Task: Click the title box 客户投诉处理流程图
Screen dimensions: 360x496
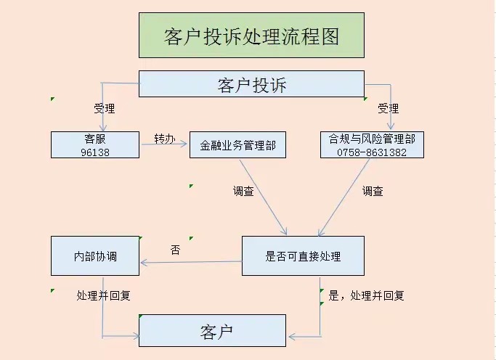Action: pyautogui.click(x=251, y=35)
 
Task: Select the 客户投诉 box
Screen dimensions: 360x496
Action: pyautogui.click(x=251, y=84)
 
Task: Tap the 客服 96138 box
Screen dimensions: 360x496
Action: pyautogui.click(x=95, y=144)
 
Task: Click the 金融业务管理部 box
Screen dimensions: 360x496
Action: pyautogui.click(x=237, y=144)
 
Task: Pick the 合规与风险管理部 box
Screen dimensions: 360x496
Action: pyautogui.click(x=372, y=144)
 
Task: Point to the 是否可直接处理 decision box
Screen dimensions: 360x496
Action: pyautogui.click(x=303, y=256)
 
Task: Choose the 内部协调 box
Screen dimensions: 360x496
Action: pyautogui.click(x=95, y=256)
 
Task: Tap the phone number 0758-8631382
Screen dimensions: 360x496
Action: pyautogui.click(x=372, y=152)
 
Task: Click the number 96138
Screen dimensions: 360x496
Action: pyautogui.click(x=95, y=152)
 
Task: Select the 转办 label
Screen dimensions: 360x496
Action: pyautogui.click(x=164, y=138)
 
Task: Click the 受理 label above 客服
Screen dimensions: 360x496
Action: pyautogui.click(x=104, y=109)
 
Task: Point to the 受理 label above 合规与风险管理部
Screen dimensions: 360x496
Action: pyautogui.click(x=388, y=109)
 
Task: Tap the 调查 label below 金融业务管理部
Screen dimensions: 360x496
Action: pyautogui.click(x=243, y=192)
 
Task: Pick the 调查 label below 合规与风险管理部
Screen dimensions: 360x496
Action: pyautogui.click(x=373, y=192)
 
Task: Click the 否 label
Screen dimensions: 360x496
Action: pyautogui.click(x=175, y=250)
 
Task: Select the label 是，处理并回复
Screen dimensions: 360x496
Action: pyautogui.click(x=366, y=295)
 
